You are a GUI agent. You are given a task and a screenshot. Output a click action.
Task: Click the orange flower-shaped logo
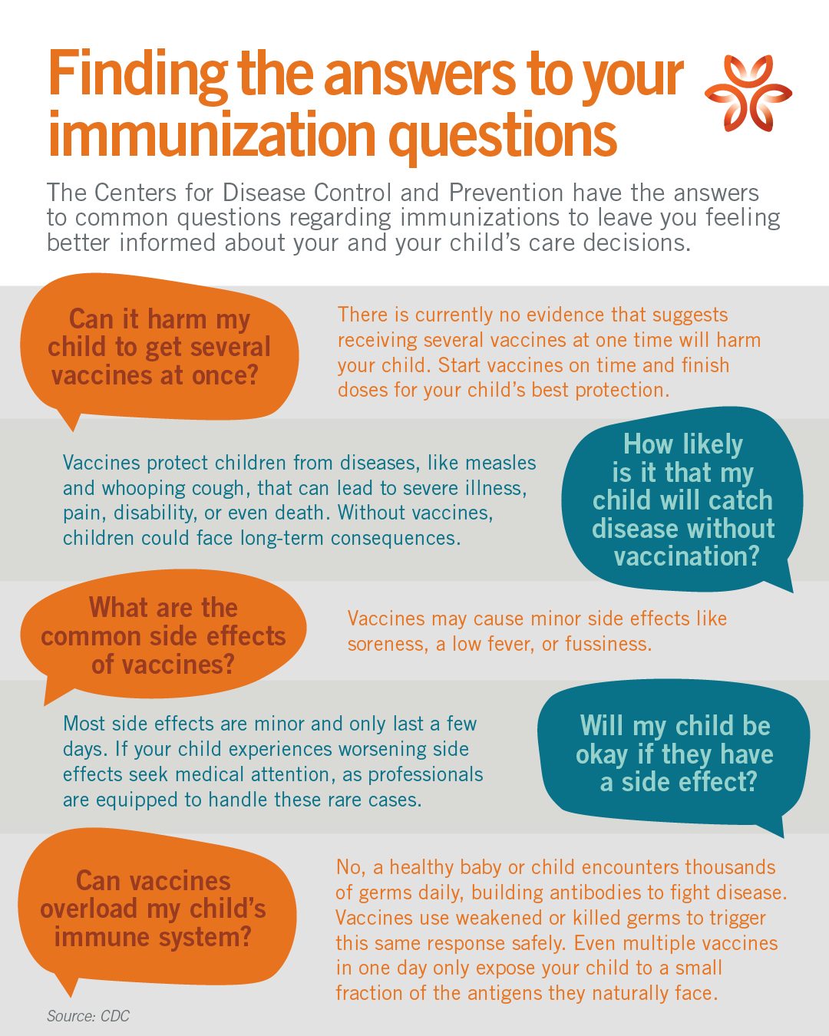pos(748,92)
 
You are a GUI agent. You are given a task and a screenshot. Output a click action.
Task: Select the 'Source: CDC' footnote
pos(88,1016)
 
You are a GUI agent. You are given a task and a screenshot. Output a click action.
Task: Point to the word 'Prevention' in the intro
pos(507,193)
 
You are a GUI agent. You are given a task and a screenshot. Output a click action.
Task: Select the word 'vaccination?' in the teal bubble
pos(686,556)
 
